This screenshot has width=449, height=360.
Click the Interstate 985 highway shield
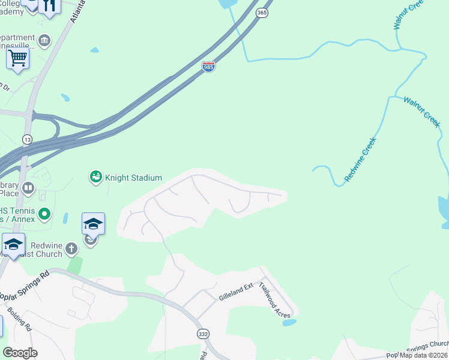click(208, 67)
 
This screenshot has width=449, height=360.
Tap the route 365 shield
click(263, 13)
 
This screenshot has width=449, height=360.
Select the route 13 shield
click(27, 139)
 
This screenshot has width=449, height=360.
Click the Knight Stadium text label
click(134, 178)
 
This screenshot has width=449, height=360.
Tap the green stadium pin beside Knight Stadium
click(95, 176)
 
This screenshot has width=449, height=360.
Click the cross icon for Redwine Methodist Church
click(71, 248)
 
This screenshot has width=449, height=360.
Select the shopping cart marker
click(18, 59)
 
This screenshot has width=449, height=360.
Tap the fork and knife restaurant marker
click(49, 6)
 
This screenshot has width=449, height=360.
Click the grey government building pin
click(45, 40)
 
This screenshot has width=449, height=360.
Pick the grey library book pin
click(28, 189)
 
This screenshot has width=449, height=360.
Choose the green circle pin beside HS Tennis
click(44, 213)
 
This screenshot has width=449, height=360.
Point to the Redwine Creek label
click(360, 160)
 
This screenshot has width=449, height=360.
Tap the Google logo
click(20, 353)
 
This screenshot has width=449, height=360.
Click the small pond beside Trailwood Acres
click(289, 322)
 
